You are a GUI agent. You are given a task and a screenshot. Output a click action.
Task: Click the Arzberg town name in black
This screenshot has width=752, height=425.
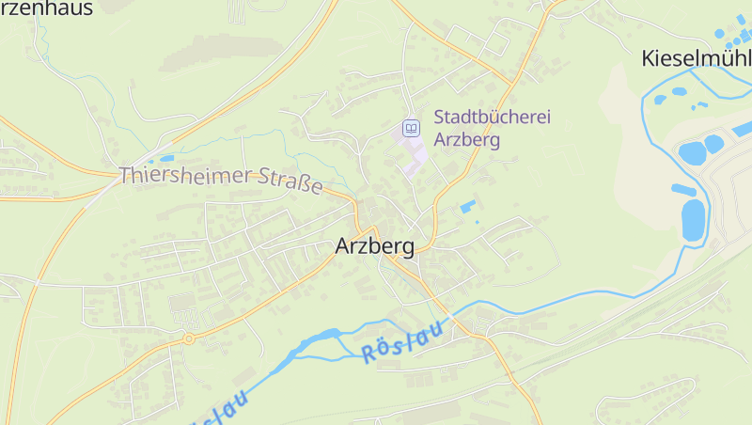coord(375,247)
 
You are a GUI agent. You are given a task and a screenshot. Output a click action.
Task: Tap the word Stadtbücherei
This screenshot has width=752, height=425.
coord(492,118)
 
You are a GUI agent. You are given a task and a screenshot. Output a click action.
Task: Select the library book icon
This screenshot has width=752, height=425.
coord(411,127)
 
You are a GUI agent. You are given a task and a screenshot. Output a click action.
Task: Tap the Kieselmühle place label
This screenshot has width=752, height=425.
coord(696,58)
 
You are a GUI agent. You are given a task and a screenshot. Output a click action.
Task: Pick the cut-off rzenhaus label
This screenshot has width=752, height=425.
coord(46,9)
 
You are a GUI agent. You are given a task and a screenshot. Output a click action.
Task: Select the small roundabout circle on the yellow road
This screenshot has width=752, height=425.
coord(188,338)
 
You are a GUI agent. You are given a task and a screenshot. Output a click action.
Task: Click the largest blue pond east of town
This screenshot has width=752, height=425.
coord(694,220)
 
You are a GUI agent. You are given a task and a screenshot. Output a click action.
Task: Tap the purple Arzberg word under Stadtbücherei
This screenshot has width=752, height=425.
coord(466,139)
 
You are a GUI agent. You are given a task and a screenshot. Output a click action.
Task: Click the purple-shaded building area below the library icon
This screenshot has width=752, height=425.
coord(414,156)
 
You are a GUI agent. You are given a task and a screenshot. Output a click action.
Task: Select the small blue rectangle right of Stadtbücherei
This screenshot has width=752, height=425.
coord(467,206)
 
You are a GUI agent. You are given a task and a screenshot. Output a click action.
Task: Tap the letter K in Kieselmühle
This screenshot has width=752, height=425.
coord(648,58)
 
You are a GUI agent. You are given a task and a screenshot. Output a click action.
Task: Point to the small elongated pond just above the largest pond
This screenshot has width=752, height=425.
coord(683,190)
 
